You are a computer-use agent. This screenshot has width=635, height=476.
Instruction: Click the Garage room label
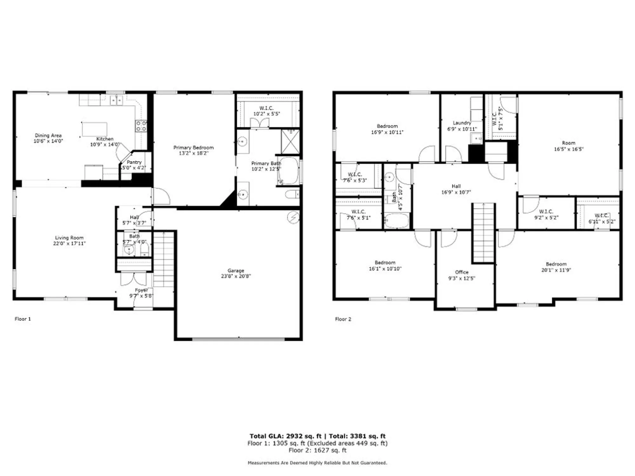pos(236,271)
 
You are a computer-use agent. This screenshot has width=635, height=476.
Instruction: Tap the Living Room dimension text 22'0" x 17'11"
pos(69,243)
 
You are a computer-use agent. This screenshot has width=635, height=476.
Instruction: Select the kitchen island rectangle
pos(94,129)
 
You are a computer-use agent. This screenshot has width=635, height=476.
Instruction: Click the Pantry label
pos(134,162)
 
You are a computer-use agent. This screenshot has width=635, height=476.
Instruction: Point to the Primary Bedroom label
pos(193,148)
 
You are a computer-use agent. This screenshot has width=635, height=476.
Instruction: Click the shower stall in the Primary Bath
pos(290,142)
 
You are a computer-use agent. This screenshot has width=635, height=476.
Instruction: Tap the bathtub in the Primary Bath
pos(289,170)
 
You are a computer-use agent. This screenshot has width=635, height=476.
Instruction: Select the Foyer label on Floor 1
pos(141,290)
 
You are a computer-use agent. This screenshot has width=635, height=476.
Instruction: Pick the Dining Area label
pos(48,136)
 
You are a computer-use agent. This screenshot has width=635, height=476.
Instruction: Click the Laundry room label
pos(462,123)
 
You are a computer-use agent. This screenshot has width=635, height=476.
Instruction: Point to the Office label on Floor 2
pos(462,272)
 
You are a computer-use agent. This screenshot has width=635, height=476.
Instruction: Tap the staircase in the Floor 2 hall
pos(483,233)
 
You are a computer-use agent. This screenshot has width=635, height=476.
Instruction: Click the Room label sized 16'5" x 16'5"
pos(568,143)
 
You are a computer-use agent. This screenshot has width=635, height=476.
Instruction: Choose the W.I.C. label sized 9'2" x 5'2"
pos(546,212)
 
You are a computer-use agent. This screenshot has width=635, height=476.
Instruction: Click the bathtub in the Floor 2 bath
pos(396,221)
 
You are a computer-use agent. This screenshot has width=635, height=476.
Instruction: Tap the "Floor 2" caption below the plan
pos(343,319)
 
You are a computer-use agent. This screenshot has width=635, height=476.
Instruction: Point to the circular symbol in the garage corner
pos(293,217)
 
